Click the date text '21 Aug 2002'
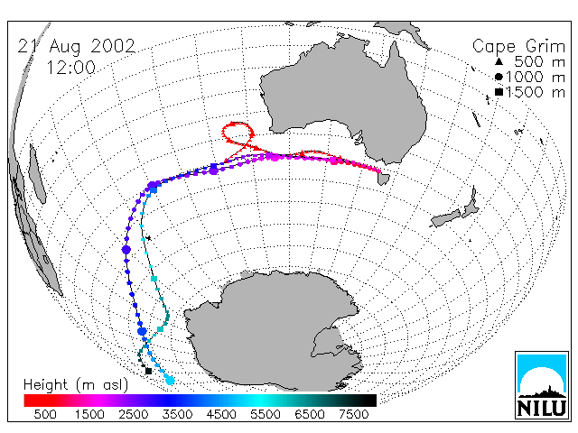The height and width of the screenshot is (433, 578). click(x=77, y=47)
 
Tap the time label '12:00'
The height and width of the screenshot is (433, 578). click(x=70, y=68)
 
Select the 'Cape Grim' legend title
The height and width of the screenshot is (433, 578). click(x=518, y=47)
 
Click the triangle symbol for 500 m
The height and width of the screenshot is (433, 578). click(x=499, y=61)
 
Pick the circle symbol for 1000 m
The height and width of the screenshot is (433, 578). click(x=499, y=77)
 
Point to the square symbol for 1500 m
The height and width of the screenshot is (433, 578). click(x=499, y=92)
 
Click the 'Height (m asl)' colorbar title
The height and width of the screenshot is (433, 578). click(x=76, y=385)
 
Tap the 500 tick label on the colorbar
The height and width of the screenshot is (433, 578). click(x=45, y=414)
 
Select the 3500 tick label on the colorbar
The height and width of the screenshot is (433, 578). click(x=177, y=414)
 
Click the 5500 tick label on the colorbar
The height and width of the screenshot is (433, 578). click(x=266, y=414)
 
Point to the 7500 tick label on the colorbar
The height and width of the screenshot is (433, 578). click(x=353, y=414)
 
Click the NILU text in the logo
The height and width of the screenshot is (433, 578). click(x=542, y=408)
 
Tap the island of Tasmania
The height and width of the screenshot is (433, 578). click(x=383, y=179)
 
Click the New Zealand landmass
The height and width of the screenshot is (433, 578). click(x=455, y=209)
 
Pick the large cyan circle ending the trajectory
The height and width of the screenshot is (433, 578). click(x=170, y=380)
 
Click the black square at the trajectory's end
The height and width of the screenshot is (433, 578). click(x=148, y=371)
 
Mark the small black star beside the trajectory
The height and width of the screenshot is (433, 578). click(x=148, y=238)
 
